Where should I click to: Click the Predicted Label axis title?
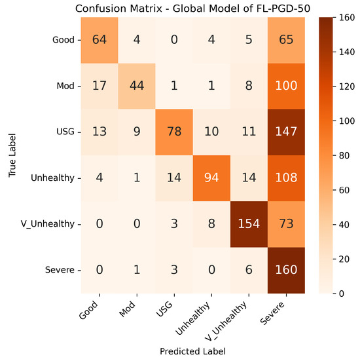pyautogui.click(x=194, y=352)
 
